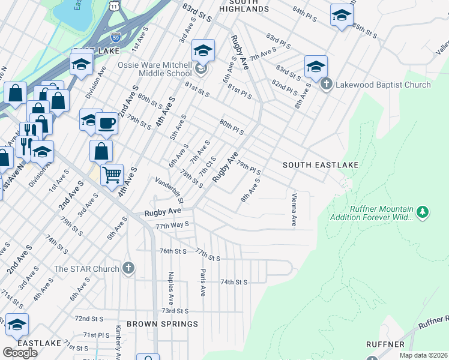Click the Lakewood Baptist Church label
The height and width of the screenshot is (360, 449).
(383, 85)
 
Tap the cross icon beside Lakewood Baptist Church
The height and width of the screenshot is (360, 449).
(327, 84)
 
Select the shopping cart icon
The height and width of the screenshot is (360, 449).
(112, 175)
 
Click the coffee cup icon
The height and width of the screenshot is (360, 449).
(107, 124)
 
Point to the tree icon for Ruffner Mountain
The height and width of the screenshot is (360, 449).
(423, 212)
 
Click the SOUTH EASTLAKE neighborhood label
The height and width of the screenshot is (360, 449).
(321, 164)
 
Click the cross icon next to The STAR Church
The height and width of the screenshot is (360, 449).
(128, 268)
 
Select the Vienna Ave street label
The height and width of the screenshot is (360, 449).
(294, 210)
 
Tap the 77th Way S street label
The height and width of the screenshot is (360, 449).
(172, 226)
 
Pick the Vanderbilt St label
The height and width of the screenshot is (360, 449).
(168, 189)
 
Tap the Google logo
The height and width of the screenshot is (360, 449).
(20, 352)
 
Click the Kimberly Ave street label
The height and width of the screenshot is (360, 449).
(119, 339)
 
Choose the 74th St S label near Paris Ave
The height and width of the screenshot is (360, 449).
(234, 281)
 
